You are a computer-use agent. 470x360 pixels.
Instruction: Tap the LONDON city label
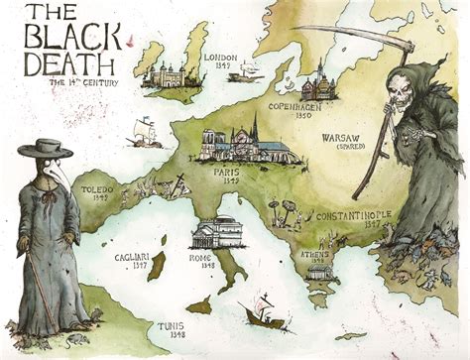pos(221,58)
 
